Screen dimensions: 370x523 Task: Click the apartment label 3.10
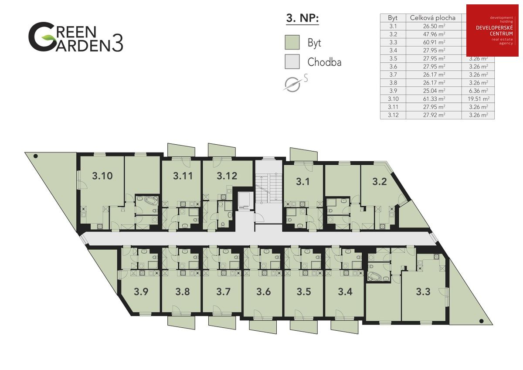103,176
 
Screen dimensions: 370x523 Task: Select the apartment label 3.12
227,176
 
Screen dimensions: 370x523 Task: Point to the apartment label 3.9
141,292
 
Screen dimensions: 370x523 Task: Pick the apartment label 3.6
263,292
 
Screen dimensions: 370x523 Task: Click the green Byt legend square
292,43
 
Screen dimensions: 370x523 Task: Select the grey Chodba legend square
292,62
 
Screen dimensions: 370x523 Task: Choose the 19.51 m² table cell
478,99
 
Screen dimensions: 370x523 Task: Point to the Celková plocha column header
433,18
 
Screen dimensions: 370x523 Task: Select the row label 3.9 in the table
393,91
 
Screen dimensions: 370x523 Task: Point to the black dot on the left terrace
36,156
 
